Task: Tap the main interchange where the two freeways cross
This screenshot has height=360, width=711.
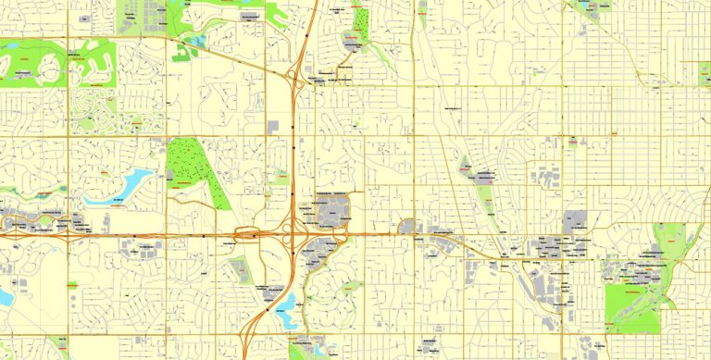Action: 294,235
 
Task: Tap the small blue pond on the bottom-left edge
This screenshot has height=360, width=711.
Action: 6,298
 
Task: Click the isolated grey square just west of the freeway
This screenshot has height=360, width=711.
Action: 272,126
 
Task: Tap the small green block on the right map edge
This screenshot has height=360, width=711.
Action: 705,73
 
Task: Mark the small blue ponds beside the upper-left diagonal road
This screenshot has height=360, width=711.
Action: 198,42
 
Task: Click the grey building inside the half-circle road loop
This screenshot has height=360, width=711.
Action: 352,41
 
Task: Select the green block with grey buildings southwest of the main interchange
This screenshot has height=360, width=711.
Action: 240,269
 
